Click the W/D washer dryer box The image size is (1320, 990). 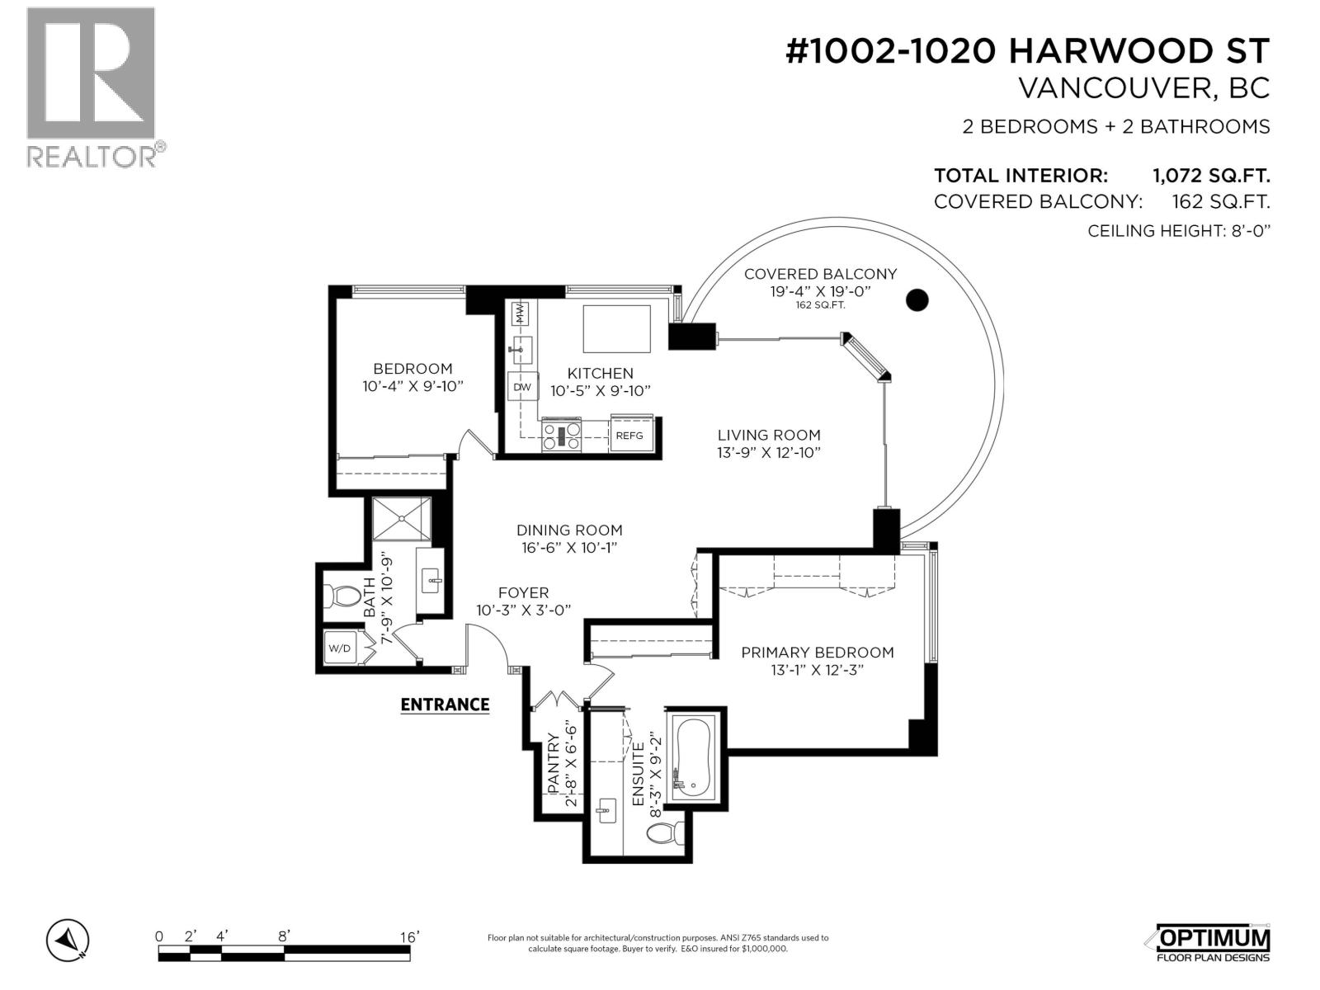click(x=340, y=648)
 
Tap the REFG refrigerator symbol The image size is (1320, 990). click(x=629, y=435)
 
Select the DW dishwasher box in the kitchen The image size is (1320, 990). click(x=522, y=387)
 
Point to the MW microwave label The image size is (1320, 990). click(x=521, y=314)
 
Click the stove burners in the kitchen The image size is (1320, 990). click(x=561, y=436)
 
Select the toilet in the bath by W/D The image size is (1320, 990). click(x=342, y=594)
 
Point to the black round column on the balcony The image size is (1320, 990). click(x=917, y=300)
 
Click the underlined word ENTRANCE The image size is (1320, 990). click(x=445, y=705)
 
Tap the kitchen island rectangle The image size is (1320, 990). click(x=617, y=328)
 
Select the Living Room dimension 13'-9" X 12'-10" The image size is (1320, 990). click(x=769, y=453)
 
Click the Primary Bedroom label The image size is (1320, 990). click(x=817, y=653)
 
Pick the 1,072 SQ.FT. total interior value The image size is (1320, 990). click(x=1210, y=176)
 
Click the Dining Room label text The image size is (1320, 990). click(x=569, y=530)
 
